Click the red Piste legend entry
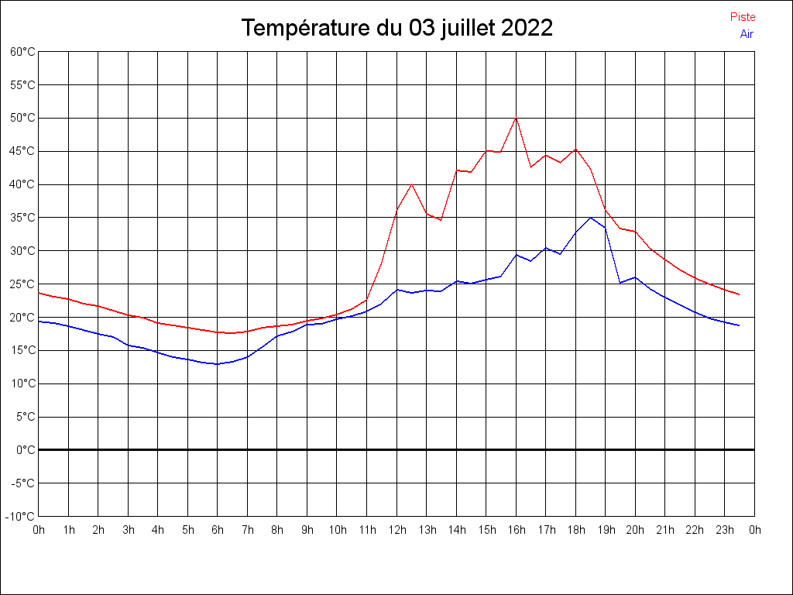tap(743, 17)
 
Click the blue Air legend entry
tap(747, 34)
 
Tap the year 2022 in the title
tap(527, 28)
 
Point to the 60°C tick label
tap(22, 52)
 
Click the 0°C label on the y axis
tap(26, 450)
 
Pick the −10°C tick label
tap(21, 517)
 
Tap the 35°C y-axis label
tap(22, 218)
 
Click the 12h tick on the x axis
tap(396, 530)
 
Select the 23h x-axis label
tap(725, 530)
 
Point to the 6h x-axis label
tap(218, 530)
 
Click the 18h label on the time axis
tap(575, 530)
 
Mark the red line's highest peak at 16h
tap(516, 118)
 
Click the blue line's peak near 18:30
tap(590, 218)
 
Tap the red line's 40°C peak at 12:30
tap(411, 184)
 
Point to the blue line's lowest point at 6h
tap(218, 364)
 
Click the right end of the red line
tap(739, 294)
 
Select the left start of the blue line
tap(39, 322)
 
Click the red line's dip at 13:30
tap(441, 220)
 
